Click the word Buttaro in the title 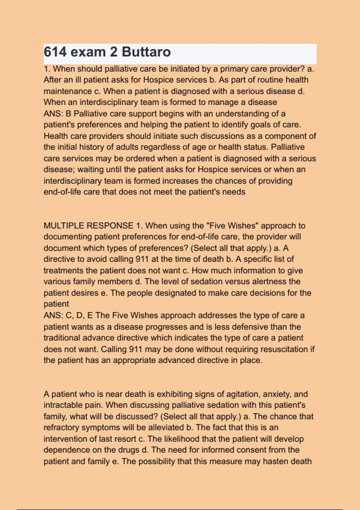click(x=146, y=52)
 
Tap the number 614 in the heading click(x=55, y=52)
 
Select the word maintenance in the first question click(x=68, y=91)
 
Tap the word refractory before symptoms click(x=63, y=427)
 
